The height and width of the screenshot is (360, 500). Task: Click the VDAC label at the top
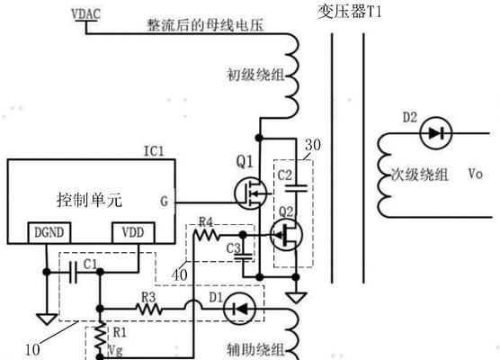(x=85, y=14)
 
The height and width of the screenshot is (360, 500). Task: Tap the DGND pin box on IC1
(x=49, y=233)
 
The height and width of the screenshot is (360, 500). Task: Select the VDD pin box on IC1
(x=133, y=233)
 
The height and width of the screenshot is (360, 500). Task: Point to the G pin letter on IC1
(x=164, y=202)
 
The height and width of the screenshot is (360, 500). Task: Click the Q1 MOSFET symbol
(x=250, y=193)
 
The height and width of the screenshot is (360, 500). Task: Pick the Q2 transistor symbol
(x=286, y=235)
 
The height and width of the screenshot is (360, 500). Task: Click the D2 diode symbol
(x=436, y=133)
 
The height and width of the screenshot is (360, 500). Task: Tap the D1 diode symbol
(x=239, y=309)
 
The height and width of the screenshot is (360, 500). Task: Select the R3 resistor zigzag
(x=148, y=309)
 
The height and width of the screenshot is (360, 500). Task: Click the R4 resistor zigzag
(x=207, y=236)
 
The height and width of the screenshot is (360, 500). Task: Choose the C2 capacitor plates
(x=296, y=189)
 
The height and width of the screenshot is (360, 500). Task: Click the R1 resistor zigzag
(x=101, y=339)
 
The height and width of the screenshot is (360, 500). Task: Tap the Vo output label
(x=476, y=174)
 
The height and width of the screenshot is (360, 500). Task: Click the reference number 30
(x=313, y=145)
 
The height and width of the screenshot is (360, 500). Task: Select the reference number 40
(x=180, y=274)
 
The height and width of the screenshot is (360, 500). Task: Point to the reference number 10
(x=32, y=350)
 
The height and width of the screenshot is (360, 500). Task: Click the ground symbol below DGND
(x=47, y=319)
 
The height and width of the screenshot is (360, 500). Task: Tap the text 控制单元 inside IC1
(x=89, y=201)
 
